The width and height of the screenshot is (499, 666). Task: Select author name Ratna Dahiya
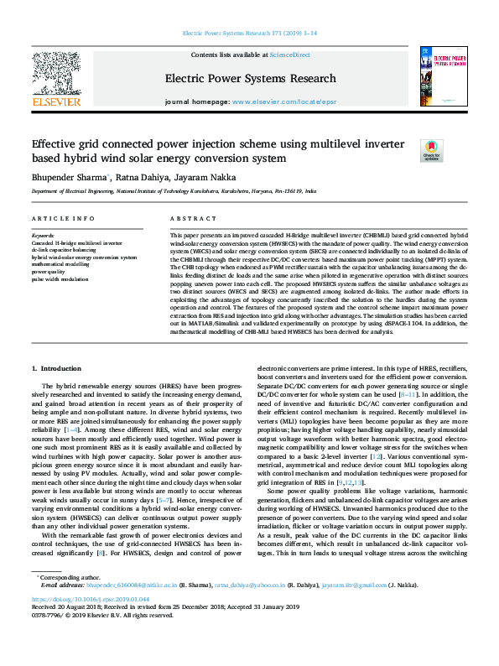[143, 177]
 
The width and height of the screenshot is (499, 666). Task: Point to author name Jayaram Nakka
[207, 177]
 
